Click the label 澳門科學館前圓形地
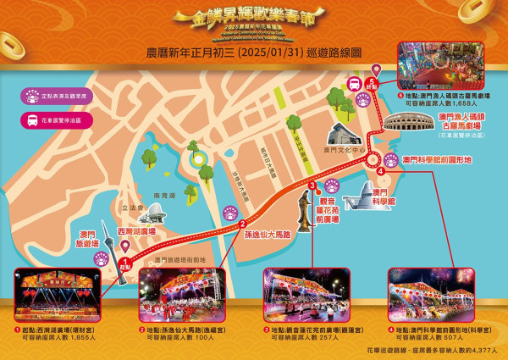[436, 158]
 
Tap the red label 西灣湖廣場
[137, 230]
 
